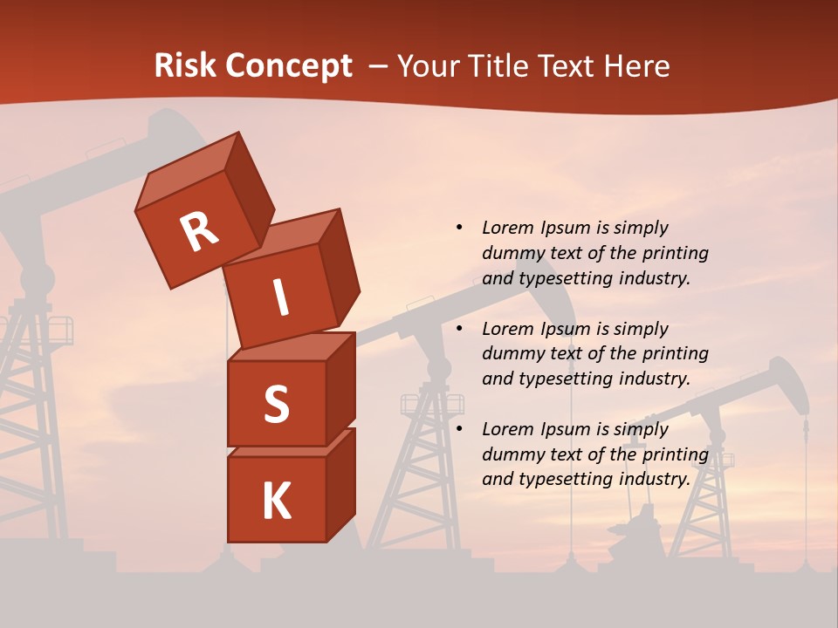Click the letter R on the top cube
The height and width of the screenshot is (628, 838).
(x=199, y=231)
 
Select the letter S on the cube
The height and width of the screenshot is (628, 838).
(x=277, y=405)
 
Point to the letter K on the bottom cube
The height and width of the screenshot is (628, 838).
(x=277, y=502)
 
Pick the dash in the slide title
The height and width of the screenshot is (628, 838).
(x=380, y=66)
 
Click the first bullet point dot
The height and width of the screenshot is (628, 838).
(x=459, y=228)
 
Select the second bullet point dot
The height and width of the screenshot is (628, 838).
(x=459, y=329)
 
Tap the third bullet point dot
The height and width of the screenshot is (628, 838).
(x=459, y=429)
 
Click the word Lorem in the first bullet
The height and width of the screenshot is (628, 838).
(x=507, y=228)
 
